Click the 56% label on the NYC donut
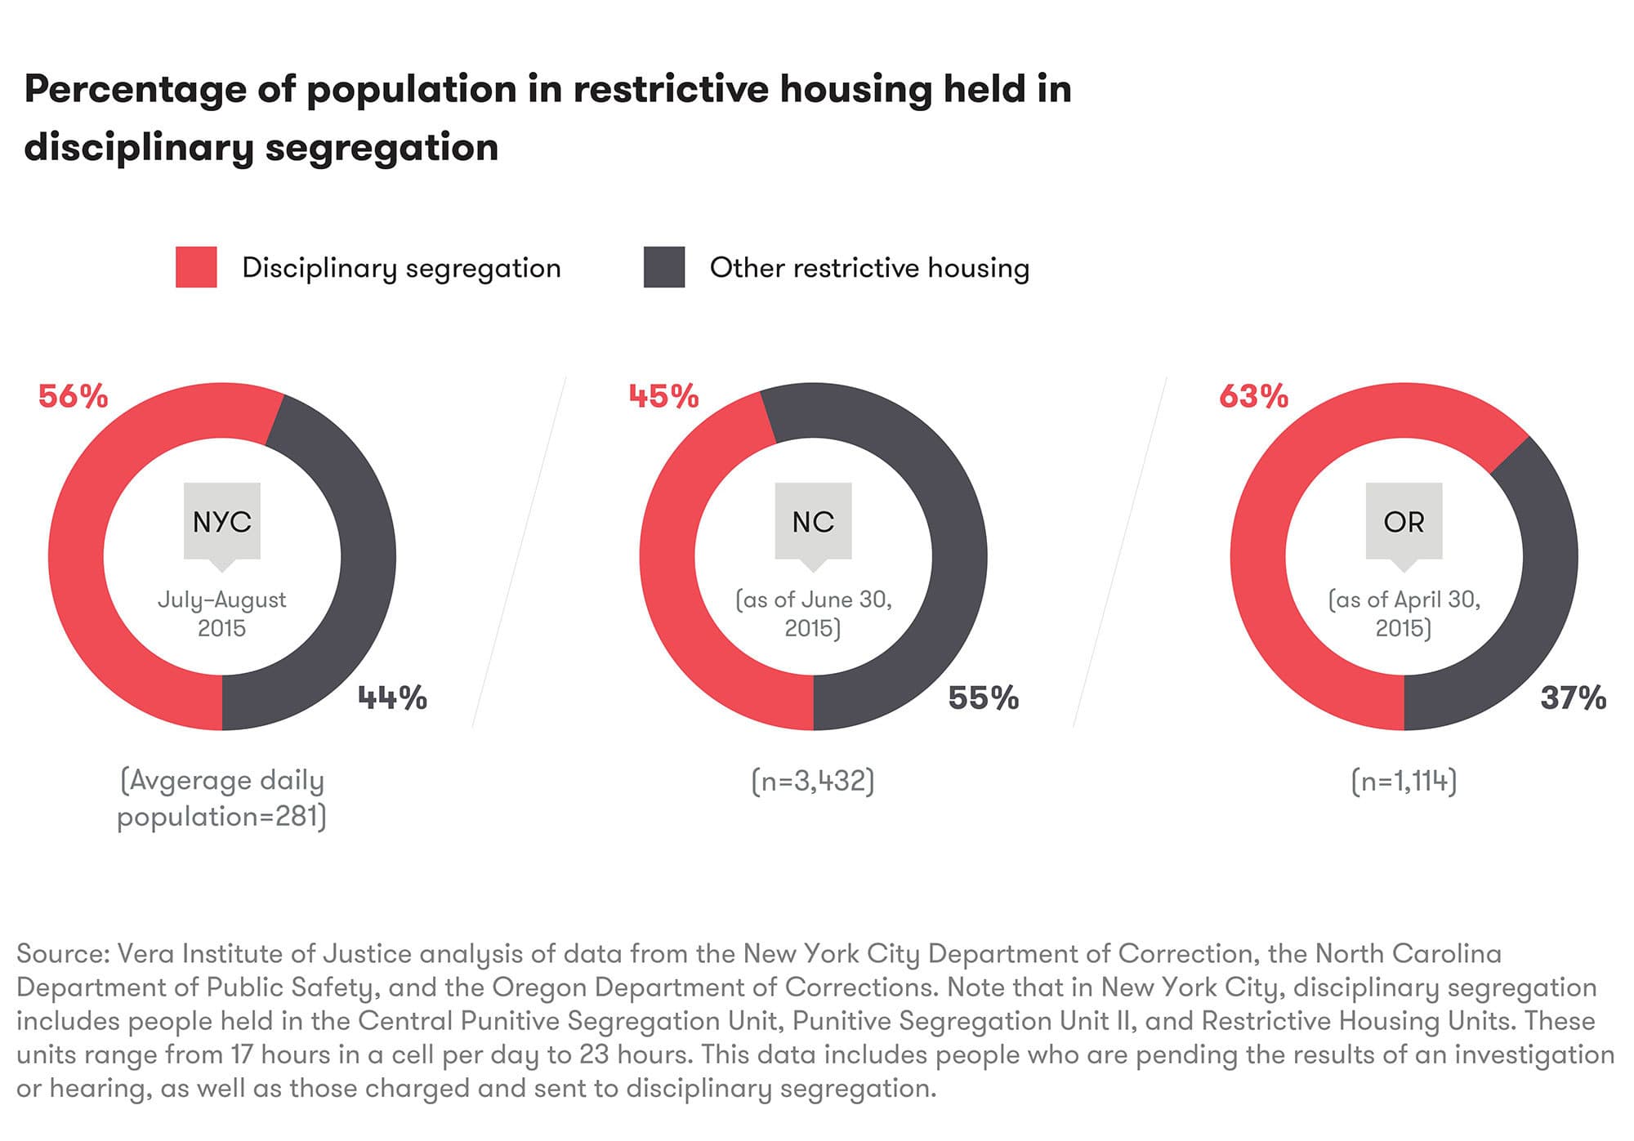click(74, 397)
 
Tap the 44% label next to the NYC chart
click(392, 698)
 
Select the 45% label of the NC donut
click(663, 397)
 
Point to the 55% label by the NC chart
click(983, 698)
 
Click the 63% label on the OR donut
click(1253, 397)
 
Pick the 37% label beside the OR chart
click(1573, 698)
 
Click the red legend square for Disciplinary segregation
click(196, 267)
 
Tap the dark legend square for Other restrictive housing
click(663, 267)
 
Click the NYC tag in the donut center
click(221, 522)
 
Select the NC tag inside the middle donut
click(813, 522)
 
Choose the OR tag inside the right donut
click(1404, 522)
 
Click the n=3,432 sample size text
click(813, 782)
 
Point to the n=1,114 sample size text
click(1404, 782)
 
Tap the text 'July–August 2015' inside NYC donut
click(221, 613)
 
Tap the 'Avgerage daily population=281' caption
click(221, 798)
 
